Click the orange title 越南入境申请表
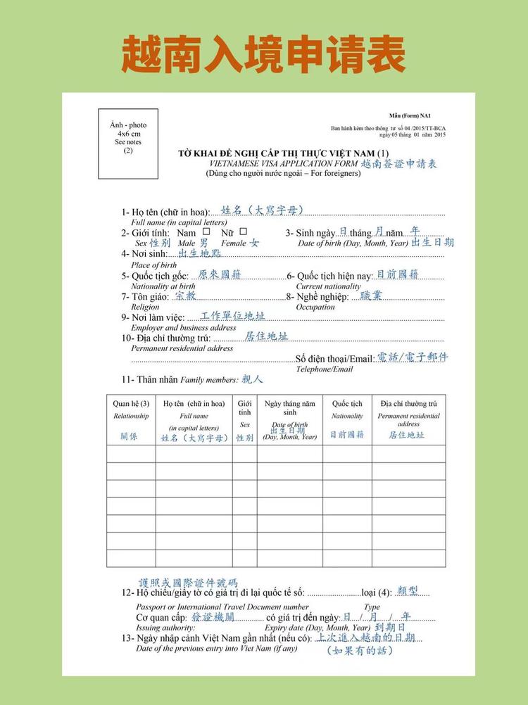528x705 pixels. point(263,53)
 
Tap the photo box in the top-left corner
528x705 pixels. point(128,144)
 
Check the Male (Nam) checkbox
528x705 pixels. point(206,231)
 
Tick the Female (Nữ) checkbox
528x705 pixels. point(243,231)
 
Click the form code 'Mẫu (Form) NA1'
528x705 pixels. point(410,115)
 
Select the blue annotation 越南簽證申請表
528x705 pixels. point(399,164)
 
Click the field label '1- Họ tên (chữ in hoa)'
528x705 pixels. point(165,212)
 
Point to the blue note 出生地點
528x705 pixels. point(199,253)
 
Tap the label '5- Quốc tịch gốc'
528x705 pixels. point(155,276)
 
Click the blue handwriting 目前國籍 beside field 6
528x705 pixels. point(398,274)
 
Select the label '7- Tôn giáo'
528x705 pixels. point(145,297)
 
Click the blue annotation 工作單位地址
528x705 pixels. point(232,317)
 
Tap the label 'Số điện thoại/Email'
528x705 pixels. point(334,359)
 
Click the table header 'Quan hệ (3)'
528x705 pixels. point(131,404)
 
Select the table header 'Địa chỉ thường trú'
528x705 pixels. point(408,404)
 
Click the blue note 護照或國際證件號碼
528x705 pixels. point(188,583)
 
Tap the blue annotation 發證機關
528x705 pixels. point(213,616)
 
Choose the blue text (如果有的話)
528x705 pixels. point(360,651)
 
